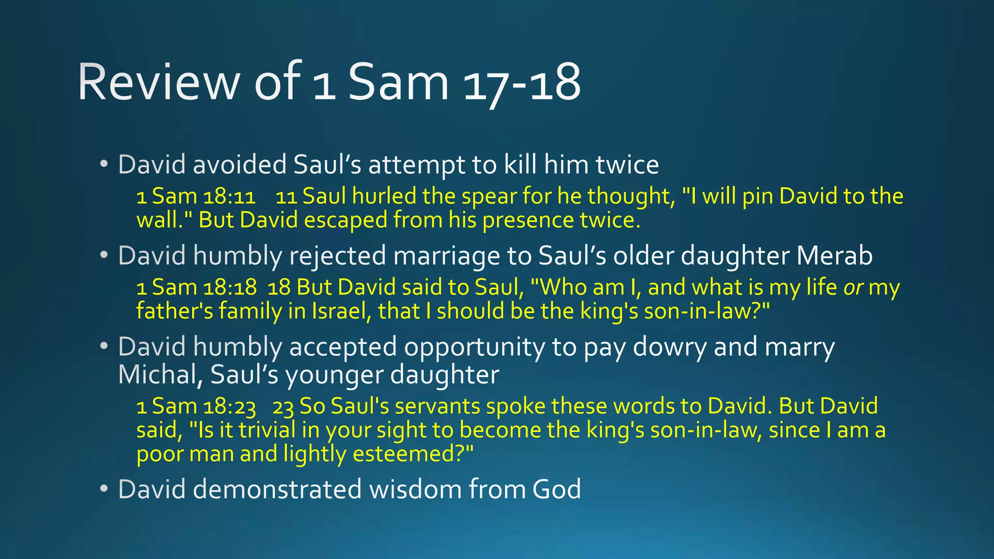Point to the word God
tap(556, 489)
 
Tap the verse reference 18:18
tap(230, 287)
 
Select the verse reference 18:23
tap(229, 407)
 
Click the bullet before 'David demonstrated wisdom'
tap(103, 489)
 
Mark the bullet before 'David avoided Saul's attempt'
tap(103, 164)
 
